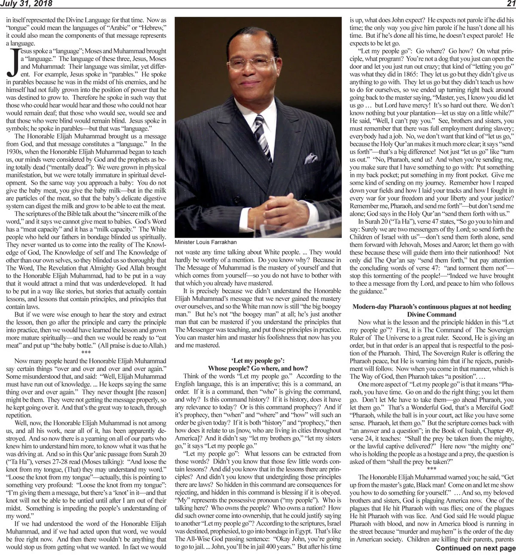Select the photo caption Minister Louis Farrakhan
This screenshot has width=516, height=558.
(x=206, y=242)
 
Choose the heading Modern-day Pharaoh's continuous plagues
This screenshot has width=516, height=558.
(x=432, y=307)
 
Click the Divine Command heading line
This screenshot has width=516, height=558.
(x=432, y=314)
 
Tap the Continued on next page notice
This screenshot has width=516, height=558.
(x=475, y=548)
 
